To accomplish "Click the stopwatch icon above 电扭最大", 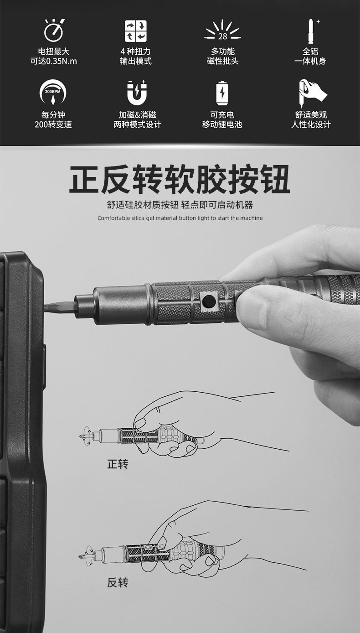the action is pyautogui.click(x=53, y=30).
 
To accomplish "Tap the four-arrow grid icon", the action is pyautogui.click(x=136, y=31).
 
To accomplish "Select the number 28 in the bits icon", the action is pyautogui.click(x=222, y=36).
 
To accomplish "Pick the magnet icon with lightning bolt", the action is pyautogui.click(x=137, y=92).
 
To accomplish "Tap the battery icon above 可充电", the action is pyautogui.click(x=223, y=93).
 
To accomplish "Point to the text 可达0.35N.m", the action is pyautogui.click(x=54, y=61).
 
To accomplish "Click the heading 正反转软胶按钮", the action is pyautogui.click(x=180, y=179).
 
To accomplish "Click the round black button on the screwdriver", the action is pyautogui.click(x=209, y=300).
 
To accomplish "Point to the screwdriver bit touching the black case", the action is pyautogui.click(x=60, y=307).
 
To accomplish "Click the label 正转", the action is pyautogui.click(x=118, y=464).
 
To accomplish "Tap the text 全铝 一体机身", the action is pyautogui.click(x=310, y=56).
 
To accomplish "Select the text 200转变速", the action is pyautogui.click(x=53, y=125).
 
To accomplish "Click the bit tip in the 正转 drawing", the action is pyautogui.click(x=82, y=436).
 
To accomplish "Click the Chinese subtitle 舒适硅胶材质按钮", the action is pyautogui.click(x=143, y=205).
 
